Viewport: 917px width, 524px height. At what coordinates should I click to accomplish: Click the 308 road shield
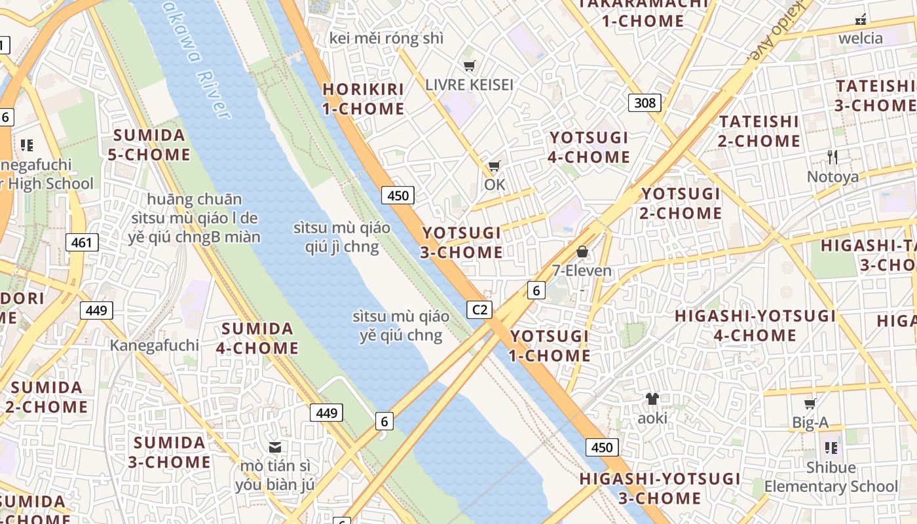coord(645,102)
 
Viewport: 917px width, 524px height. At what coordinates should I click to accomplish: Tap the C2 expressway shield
coord(479,309)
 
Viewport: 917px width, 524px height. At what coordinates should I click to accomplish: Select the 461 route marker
coord(82,242)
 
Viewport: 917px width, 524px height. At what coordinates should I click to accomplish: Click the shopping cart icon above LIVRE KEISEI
coord(469,65)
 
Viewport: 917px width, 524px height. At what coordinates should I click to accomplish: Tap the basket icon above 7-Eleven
coord(582,252)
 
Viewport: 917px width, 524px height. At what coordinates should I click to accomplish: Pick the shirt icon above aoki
coord(652,398)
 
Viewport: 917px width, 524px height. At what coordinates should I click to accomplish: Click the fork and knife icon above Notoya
coord(832,157)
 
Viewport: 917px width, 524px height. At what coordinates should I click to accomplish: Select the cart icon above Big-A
coord(810,403)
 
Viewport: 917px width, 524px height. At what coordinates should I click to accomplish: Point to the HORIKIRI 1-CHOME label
coord(363,99)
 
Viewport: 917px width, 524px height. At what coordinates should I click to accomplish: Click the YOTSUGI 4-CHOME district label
coord(589,147)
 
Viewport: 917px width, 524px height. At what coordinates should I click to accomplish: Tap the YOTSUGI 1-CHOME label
coord(550,346)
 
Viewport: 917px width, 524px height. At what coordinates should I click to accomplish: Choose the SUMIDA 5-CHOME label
coord(151,145)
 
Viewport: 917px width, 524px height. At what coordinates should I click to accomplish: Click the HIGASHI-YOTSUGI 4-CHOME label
coord(755,326)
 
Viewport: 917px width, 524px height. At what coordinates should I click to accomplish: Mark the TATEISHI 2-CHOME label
coord(759,131)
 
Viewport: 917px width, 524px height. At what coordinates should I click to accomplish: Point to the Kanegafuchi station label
coord(154,345)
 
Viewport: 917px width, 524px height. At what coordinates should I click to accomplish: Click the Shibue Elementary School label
coord(831,477)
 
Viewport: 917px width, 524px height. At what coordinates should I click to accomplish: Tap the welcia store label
coord(861,38)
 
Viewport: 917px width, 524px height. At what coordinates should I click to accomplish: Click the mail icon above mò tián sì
coord(275,447)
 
